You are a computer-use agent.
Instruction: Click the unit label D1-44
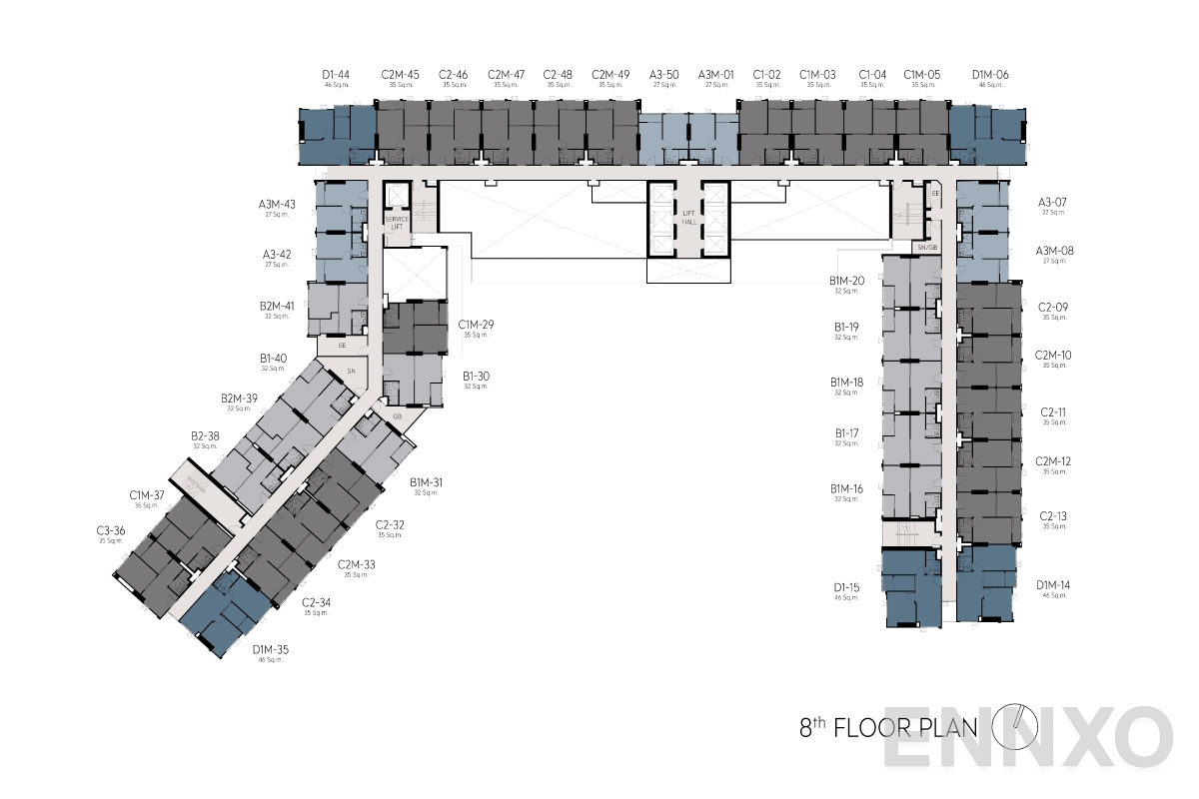pos(336,74)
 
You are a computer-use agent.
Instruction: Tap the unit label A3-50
pos(664,74)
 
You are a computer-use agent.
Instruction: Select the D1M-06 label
pos(990,74)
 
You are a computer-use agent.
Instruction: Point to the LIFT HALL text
pos(689,219)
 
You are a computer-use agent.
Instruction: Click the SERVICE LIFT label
pos(397,223)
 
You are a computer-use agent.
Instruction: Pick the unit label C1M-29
pos(477,325)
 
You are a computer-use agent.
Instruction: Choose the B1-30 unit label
pos(476,377)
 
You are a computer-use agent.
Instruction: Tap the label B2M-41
pos(277,306)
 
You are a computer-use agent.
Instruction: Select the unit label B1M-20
pos(846,281)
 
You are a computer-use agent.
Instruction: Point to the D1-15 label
pos(846,587)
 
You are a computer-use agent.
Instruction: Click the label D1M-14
pos(1054,584)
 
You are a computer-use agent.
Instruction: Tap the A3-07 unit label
pos(1054,202)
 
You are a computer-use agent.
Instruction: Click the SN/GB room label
pos(926,247)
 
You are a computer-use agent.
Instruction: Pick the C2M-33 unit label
pos(356,565)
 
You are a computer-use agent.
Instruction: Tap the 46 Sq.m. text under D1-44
pos(336,86)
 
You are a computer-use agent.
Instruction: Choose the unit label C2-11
pos(1054,411)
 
